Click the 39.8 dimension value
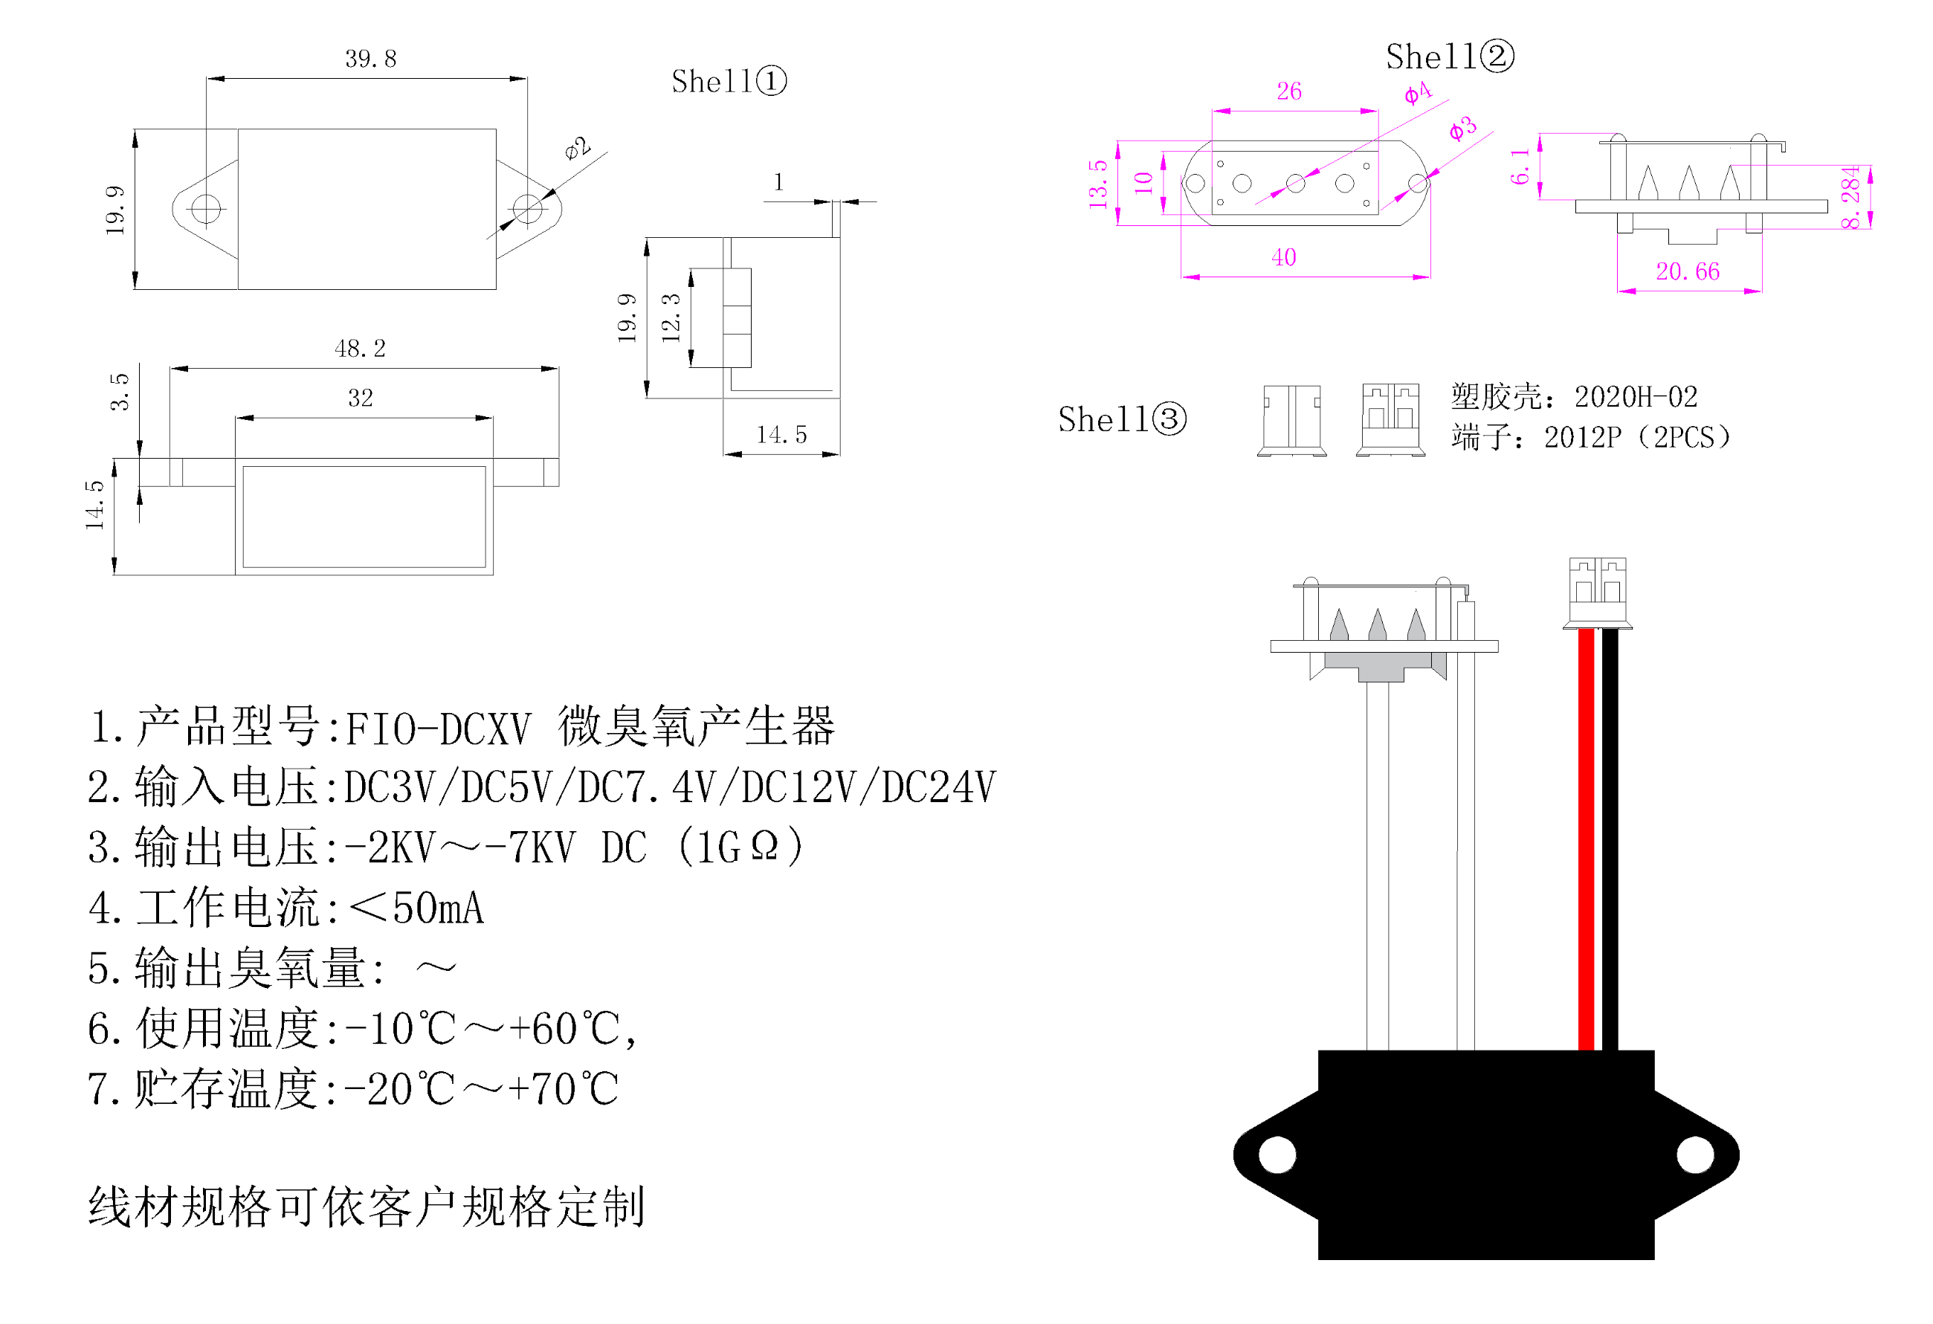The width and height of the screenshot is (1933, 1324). point(371,59)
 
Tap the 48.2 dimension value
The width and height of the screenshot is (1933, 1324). point(360,349)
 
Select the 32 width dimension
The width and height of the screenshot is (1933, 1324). point(360,398)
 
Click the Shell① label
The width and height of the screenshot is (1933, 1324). point(729,82)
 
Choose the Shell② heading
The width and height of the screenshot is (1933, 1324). point(1450,56)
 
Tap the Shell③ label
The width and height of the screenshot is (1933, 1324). point(1122,419)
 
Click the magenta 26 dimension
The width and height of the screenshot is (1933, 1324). point(1289,91)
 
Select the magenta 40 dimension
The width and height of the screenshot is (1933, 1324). point(1283,257)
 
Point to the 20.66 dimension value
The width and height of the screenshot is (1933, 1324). point(1688,271)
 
